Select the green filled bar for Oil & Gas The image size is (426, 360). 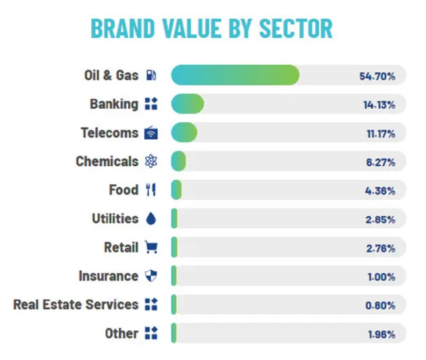(x=234, y=75)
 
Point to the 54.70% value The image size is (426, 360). (x=377, y=76)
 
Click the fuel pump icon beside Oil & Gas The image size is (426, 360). (x=151, y=75)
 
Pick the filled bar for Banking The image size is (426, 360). (x=188, y=104)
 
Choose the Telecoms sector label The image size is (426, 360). (x=109, y=132)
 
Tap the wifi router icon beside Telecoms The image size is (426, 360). (x=151, y=132)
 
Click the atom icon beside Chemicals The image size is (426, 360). (x=151, y=161)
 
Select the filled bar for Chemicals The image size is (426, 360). (x=178, y=161)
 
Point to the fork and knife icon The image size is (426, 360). (x=151, y=190)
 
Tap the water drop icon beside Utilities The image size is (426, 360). (x=151, y=219)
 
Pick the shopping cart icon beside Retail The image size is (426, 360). (x=151, y=247)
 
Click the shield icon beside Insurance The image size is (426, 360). (x=151, y=276)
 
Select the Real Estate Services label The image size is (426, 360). (x=76, y=305)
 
